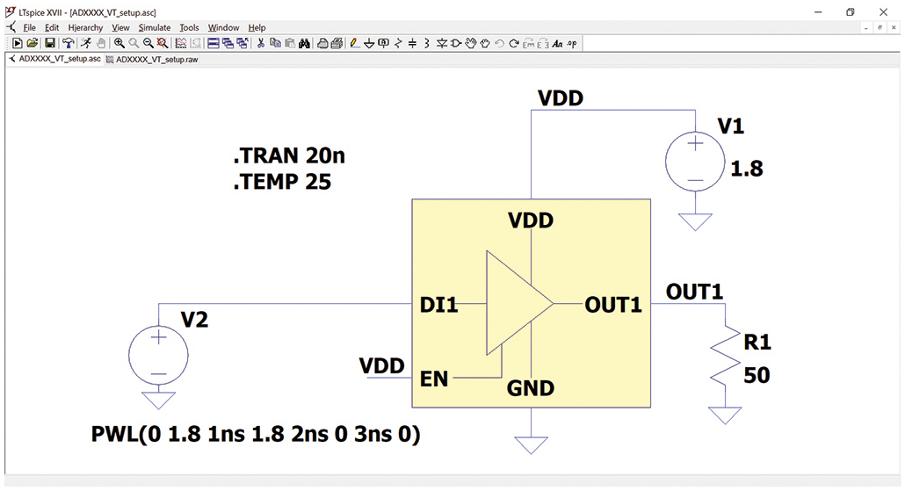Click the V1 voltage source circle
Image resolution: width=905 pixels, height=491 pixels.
click(x=694, y=162)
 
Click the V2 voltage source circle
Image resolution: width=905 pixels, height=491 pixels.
click(x=158, y=355)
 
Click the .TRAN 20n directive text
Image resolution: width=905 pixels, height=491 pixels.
click(x=288, y=156)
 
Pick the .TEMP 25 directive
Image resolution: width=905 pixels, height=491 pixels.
click(x=281, y=183)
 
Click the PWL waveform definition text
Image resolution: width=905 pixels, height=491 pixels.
click(x=256, y=434)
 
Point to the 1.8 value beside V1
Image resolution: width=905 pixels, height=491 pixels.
click(x=746, y=169)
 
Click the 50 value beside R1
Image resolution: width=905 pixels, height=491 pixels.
click(x=757, y=376)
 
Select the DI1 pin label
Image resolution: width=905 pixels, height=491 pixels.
click(x=439, y=306)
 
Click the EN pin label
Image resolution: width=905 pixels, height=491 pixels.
click(x=434, y=379)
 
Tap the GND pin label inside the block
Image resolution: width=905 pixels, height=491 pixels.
click(x=530, y=388)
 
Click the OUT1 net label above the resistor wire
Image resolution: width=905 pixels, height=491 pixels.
click(x=694, y=292)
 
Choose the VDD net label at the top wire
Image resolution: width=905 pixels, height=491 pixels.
click(x=561, y=98)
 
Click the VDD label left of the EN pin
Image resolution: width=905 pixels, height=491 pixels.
click(x=382, y=366)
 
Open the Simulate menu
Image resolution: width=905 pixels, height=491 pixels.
click(x=155, y=28)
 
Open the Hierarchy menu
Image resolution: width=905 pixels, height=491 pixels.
click(x=85, y=28)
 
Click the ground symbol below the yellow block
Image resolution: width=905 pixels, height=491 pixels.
click(x=531, y=444)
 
